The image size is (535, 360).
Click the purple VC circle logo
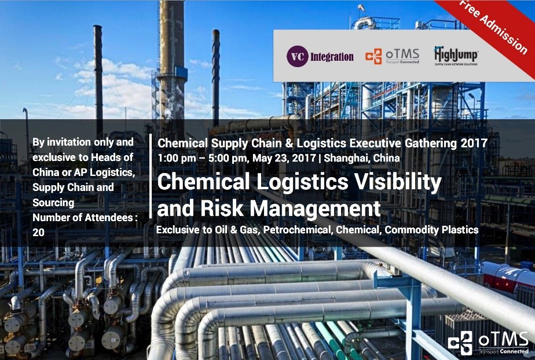click(x=298, y=56)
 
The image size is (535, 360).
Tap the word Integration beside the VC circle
click(x=332, y=57)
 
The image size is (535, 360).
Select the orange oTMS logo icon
click(x=373, y=56)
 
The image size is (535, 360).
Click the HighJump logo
click(x=456, y=56)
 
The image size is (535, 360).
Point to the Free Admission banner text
click(x=493, y=26)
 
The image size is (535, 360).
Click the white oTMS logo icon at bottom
click(x=460, y=343)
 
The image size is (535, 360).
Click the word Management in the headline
click(x=315, y=208)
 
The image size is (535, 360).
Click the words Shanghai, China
click(x=362, y=158)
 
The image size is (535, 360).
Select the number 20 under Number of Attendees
click(x=39, y=232)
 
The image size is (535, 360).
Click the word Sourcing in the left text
click(x=53, y=203)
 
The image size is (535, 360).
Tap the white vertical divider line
click(x=151, y=176)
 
